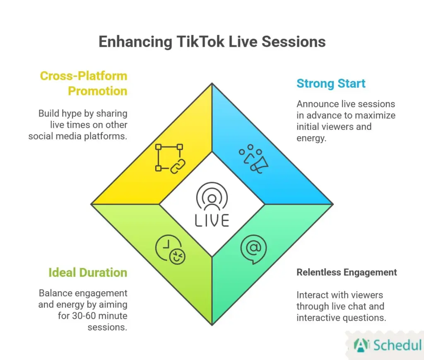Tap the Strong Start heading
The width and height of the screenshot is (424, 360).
331,84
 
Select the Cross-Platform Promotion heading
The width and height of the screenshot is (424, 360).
83,83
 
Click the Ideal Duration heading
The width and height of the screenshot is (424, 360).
87,273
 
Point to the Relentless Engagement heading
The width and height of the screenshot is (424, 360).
347,272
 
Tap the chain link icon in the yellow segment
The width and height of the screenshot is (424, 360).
170,158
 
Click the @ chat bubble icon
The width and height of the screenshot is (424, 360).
253,250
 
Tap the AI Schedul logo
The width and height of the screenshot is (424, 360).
387,345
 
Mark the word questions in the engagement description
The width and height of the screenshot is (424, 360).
368,318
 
